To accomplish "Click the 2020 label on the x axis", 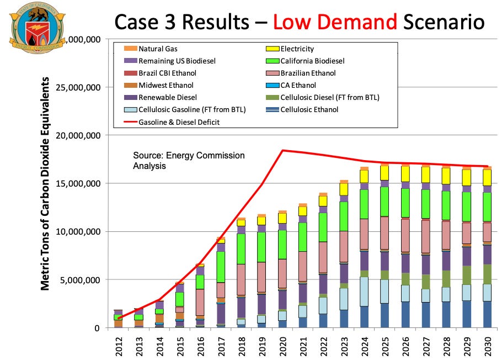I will click(x=283, y=347).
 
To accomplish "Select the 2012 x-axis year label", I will click(x=118, y=347).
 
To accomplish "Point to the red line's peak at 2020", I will click(x=283, y=150).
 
